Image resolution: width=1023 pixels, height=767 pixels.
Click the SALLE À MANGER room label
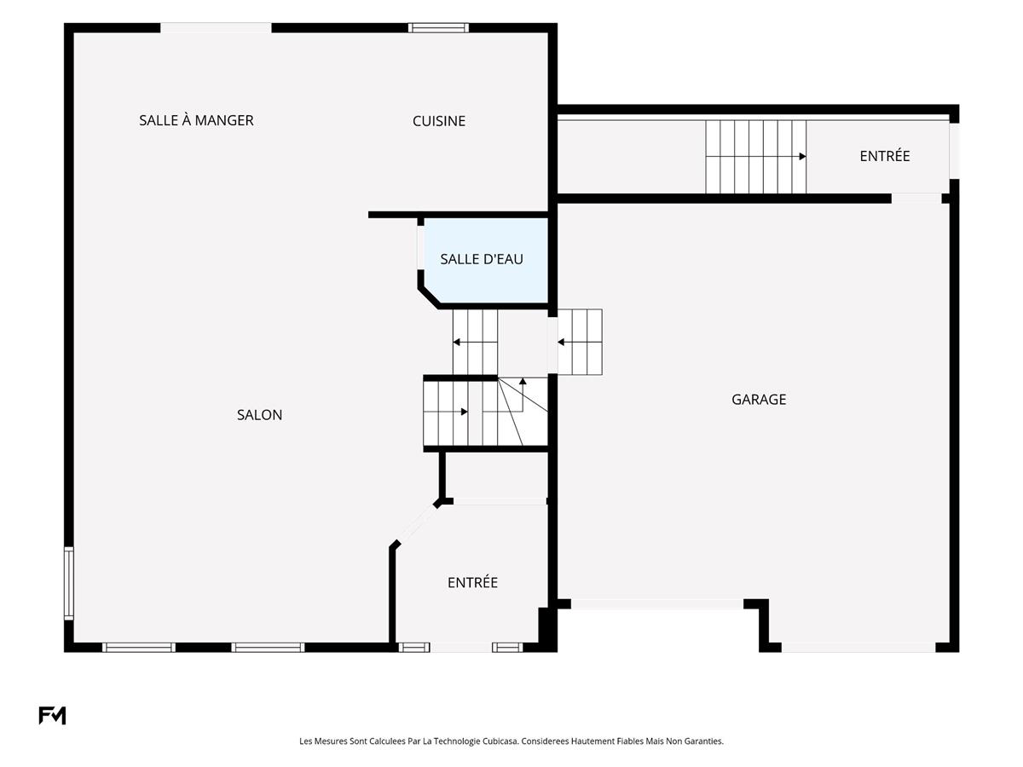[196, 120]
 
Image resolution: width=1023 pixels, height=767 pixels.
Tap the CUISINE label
[438, 121]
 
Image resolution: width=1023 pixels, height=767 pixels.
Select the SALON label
[259, 414]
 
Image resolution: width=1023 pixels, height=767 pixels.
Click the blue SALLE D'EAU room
[485, 261]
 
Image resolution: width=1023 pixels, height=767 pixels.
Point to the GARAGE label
[758, 399]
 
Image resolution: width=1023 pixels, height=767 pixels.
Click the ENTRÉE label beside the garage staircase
[884, 156]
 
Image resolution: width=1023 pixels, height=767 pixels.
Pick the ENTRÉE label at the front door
[472, 582]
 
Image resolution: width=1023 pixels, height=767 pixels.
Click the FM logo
[52, 715]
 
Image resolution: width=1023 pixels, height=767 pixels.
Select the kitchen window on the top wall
[438, 27]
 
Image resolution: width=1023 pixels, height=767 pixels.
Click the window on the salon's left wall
[69, 584]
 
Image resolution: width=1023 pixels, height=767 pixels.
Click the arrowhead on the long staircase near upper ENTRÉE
[802, 157]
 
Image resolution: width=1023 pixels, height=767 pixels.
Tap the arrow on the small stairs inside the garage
[580, 343]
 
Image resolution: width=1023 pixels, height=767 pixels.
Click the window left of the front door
[413, 648]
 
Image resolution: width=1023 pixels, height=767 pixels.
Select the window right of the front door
[507, 648]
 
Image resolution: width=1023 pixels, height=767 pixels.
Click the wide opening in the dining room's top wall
[216, 27]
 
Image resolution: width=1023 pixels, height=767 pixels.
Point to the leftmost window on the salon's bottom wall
[138, 648]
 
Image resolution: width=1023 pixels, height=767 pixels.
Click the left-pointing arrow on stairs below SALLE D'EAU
[475, 343]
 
